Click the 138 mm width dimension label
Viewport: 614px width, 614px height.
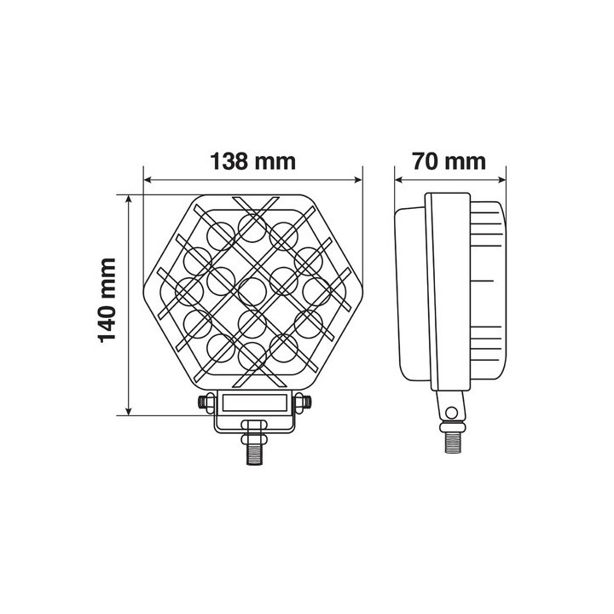[x=253, y=161]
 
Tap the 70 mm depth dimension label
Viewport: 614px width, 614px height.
[x=449, y=161]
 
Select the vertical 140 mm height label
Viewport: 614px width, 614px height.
[x=107, y=300]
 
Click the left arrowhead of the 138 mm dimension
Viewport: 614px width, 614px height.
[x=148, y=180]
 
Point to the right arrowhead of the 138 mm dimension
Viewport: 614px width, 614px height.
[x=358, y=180]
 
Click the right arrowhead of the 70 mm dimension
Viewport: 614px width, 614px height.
[x=501, y=180]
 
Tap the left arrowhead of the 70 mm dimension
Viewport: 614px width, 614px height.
[x=399, y=180]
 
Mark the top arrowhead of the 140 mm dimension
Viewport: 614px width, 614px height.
[x=128, y=200]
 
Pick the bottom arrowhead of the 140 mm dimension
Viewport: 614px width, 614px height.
[x=128, y=410]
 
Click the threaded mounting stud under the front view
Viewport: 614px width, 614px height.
[x=254, y=451]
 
